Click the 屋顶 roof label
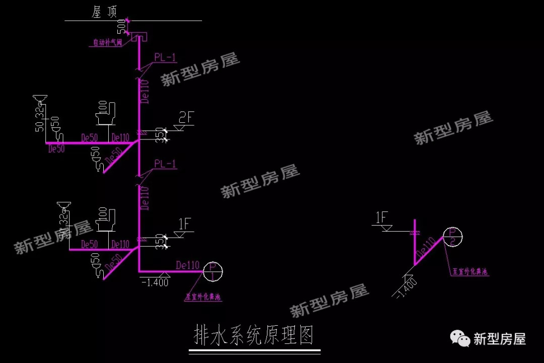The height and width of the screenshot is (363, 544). click(104, 12)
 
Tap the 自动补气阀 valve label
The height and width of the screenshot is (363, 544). click(107, 43)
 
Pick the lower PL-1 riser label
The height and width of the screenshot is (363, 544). click(165, 164)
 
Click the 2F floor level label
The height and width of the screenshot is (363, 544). click(186, 118)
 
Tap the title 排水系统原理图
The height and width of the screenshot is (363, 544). click(254, 334)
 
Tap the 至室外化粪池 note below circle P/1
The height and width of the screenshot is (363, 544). click(203, 298)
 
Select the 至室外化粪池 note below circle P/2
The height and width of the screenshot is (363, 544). click(470, 272)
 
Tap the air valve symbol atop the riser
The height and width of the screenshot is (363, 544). click(139, 36)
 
